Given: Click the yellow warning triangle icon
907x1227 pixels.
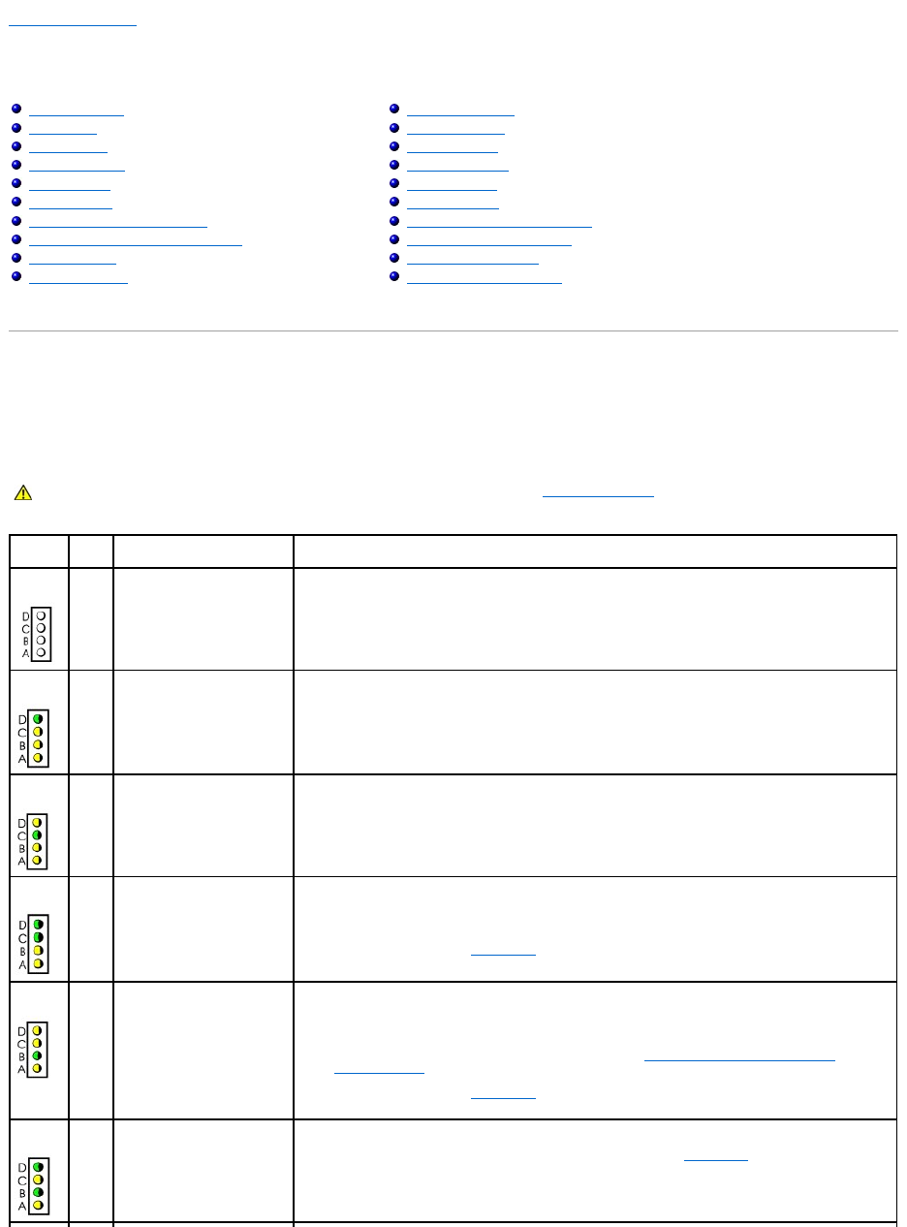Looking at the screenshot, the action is [22, 493].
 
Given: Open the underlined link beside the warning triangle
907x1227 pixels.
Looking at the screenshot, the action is [598, 493].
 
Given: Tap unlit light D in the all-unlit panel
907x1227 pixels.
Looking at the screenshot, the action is [41, 615].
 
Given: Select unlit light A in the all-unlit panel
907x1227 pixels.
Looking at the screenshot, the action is [41, 652].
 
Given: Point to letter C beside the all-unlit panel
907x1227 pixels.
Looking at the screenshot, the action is [25, 628].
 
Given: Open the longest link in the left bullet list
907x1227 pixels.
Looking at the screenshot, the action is [135, 241].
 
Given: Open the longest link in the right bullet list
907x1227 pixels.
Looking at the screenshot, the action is [499, 223].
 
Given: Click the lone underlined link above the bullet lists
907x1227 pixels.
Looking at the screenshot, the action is [73, 20].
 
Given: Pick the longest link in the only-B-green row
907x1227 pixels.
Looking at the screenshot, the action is [738, 1057].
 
